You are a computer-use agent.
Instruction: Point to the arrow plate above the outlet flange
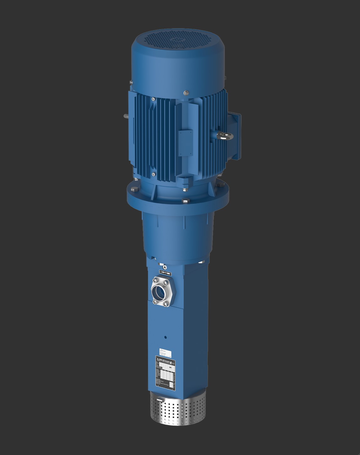tap(166, 272)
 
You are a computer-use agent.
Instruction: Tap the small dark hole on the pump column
tap(165, 338)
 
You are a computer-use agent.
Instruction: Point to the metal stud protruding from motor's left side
tap(125, 116)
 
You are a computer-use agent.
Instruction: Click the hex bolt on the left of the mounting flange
tap(136, 190)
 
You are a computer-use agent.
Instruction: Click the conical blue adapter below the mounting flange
tap(176, 232)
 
